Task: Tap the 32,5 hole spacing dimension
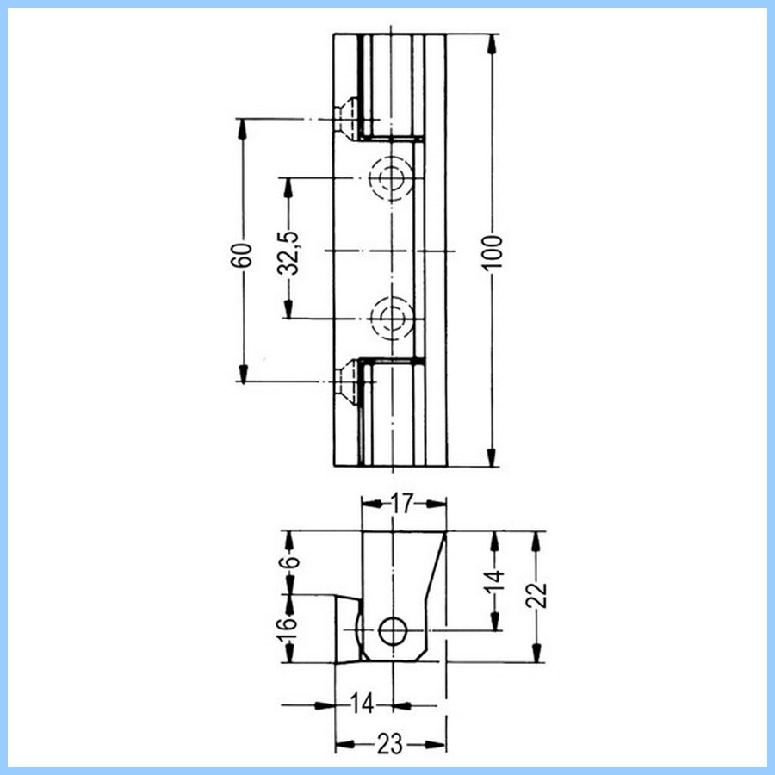click(288, 251)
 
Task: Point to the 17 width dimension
click(403, 504)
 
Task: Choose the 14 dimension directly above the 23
click(363, 704)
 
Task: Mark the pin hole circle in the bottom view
click(394, 631)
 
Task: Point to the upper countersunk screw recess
click(347, 118)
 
